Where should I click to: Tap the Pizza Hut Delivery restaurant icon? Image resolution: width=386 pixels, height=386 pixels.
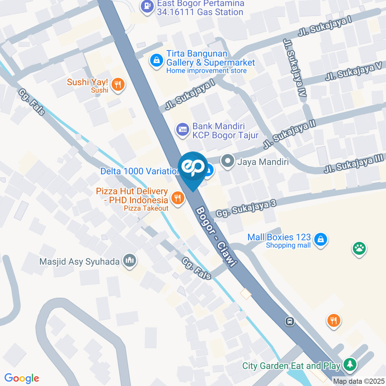(177, 197)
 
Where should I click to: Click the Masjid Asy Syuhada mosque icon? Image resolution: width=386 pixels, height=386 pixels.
(129, 261)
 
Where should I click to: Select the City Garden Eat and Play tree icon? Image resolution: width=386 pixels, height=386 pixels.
(350, 365)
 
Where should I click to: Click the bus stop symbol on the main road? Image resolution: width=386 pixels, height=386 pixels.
(289, 321)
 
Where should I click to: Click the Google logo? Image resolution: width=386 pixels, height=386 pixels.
(22, 378)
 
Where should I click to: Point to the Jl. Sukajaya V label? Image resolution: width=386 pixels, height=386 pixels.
(353, 72)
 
